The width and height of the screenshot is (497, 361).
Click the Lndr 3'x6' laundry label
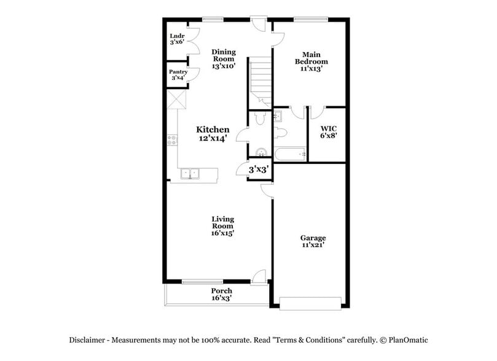coord(177,39)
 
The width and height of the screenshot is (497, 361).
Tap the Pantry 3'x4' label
coord(178,75)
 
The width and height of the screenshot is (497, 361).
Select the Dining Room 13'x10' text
coord(224,59)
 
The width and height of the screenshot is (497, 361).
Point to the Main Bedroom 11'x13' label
coord(311,61)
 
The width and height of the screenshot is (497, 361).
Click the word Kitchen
coord(213,130)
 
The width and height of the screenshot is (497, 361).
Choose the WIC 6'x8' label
coord(329,132)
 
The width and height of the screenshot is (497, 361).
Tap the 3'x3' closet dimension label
coord(259,169)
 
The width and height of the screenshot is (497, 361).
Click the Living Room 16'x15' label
coord(222,226)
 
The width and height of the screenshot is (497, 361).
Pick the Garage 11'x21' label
coord(313,241)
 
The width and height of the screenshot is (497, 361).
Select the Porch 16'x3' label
coord(221,294)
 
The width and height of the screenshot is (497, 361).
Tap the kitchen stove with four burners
coord(172,140)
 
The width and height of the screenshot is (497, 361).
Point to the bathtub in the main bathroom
coord(290,153)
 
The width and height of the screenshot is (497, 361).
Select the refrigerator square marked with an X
coord(177,99)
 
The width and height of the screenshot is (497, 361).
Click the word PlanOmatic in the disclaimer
coord(407,340)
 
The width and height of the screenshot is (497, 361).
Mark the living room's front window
coord(202,282)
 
